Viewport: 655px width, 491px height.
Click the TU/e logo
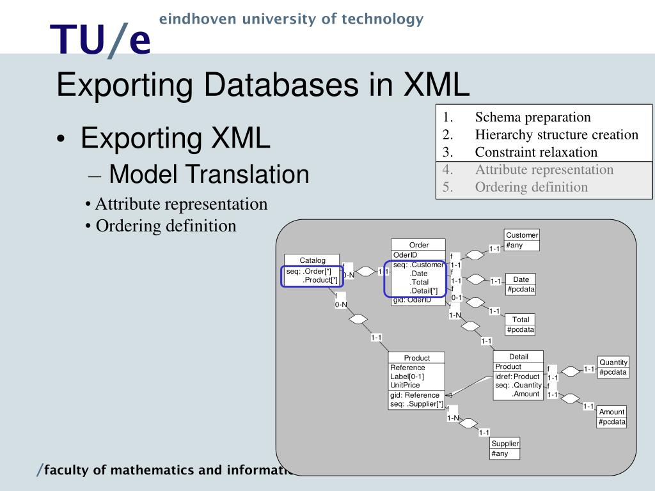point(101,40)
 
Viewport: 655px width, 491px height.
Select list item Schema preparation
point(532,117)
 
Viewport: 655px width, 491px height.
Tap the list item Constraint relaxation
point(535,152)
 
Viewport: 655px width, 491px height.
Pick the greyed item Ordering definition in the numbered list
point(531,187)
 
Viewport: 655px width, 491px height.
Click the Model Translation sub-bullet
point(209,175)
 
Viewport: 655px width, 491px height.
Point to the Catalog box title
point(313,260)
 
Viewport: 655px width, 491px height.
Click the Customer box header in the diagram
point(522,235)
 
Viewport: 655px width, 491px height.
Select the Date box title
point(521,279)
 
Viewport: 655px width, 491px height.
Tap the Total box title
point(521,320)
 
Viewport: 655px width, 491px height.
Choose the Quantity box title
point(613,362)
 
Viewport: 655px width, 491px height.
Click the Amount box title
point(612,412)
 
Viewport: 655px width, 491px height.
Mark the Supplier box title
point(505,444)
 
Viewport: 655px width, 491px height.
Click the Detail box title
point(519,357)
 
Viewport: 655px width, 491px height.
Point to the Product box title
point(417,358)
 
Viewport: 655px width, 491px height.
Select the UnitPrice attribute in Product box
point(405,386)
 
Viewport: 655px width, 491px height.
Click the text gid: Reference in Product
point(414,395)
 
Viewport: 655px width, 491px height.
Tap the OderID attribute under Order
point(405,255)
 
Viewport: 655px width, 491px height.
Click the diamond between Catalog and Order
point(365,272)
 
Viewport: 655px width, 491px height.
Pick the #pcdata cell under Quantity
point(613,372)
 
